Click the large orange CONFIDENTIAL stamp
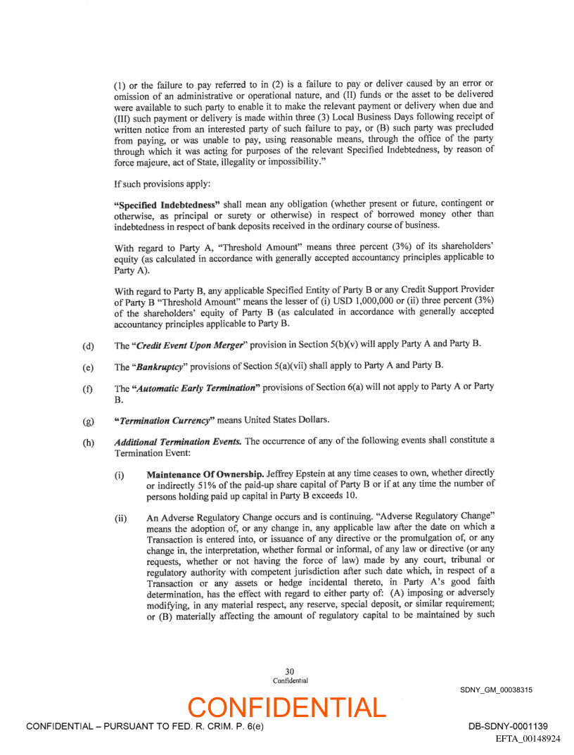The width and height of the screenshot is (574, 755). (x=287, y=707)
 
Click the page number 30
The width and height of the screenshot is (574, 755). (x=290, y=672)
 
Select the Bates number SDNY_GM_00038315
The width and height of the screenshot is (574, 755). (x=496, y=690)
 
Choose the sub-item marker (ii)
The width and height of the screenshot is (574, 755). (x=120, y=518)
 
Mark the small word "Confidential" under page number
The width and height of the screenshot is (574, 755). (x=290, y=681)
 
